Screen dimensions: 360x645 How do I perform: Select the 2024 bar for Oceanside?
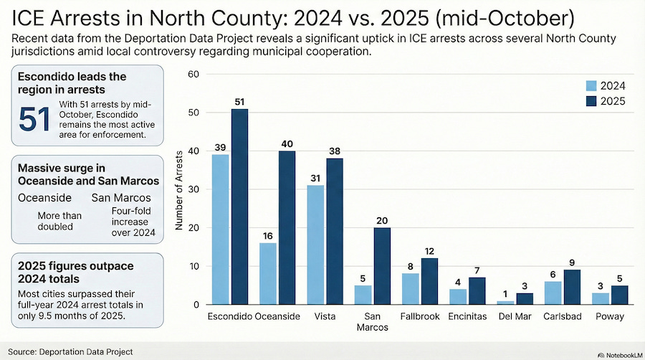(267, 273)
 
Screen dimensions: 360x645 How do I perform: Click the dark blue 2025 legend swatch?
(591, 102)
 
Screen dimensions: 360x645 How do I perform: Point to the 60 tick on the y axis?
(192, 75)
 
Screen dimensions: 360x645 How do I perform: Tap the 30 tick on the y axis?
(192, 189)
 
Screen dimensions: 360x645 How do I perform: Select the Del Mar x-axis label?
(512, 316)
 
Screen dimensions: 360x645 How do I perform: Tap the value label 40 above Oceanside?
(287, 144)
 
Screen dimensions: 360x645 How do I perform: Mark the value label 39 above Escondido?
(220, 148)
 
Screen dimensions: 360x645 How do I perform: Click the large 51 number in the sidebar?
(35, 120)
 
